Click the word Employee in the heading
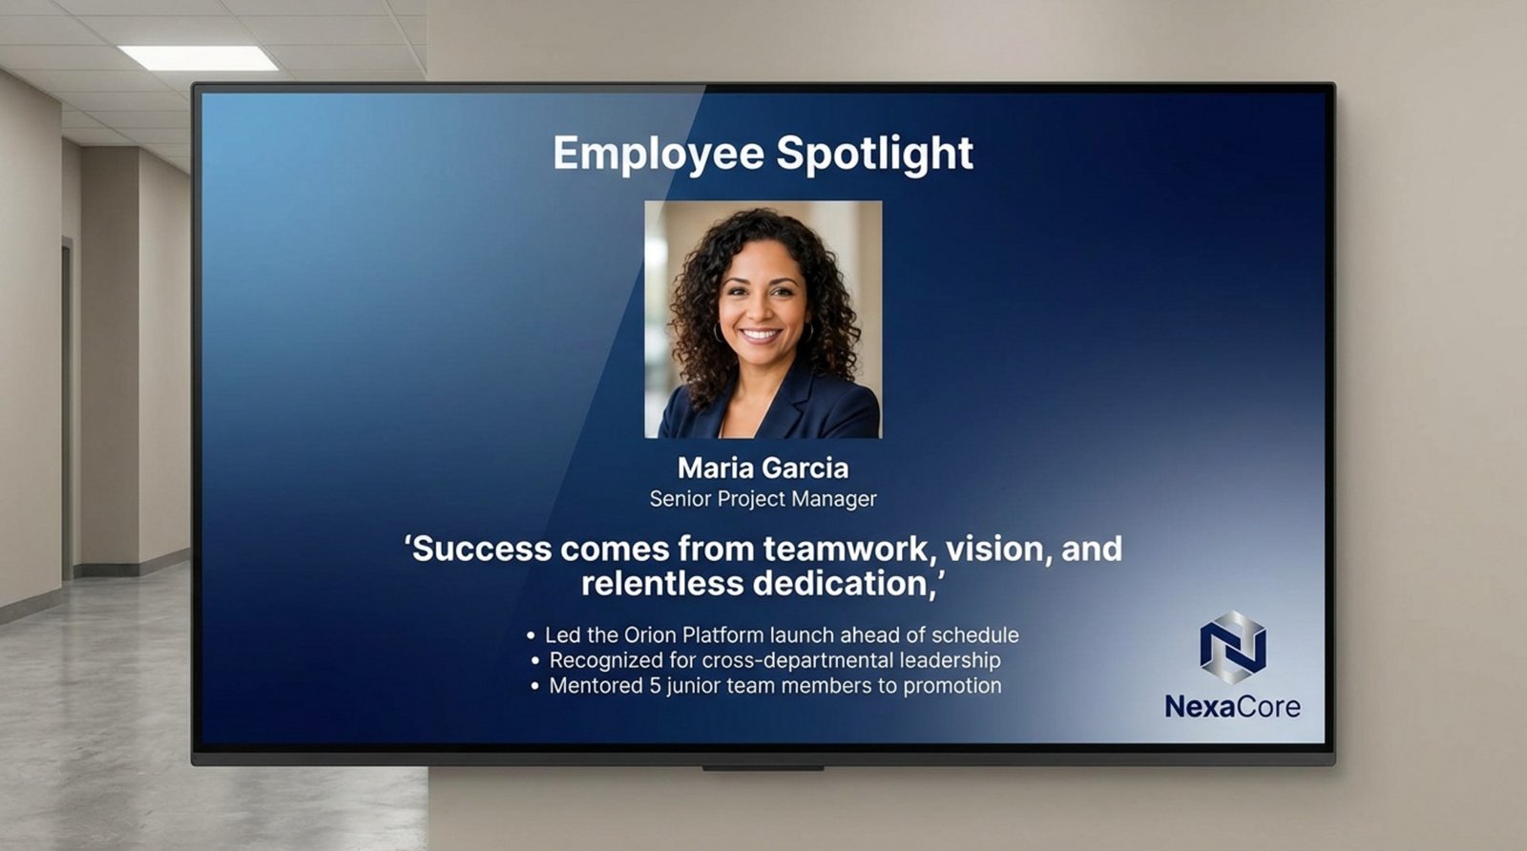click(659, 154)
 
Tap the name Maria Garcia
click(763, 467)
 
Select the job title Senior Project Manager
click(763, 499)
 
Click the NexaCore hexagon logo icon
click(1232, 648)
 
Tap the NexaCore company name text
click(1232, 707)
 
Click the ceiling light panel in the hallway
click(199, 58)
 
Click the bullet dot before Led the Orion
click(531, 635)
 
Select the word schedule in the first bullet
click(974, 635)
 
